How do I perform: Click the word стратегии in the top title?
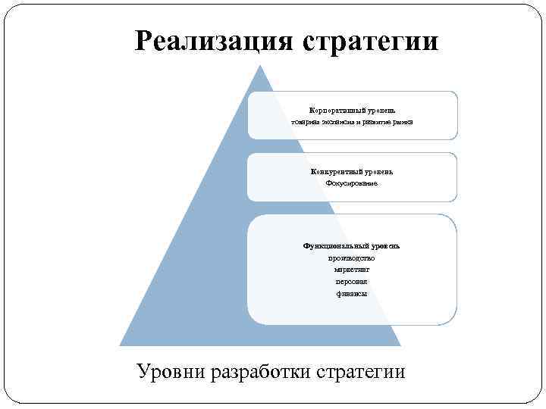(x=370, y=41)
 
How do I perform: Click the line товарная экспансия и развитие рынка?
(x=353, y=123)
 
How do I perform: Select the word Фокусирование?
(x=352, y=184)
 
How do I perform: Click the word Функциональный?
(x=336, y=246)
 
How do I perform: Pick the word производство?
(x=352, y=258)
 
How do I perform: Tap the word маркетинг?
(x=352, y=270)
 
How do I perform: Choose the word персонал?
(x=352, y=281)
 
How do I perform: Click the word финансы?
(x=352, y=293)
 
